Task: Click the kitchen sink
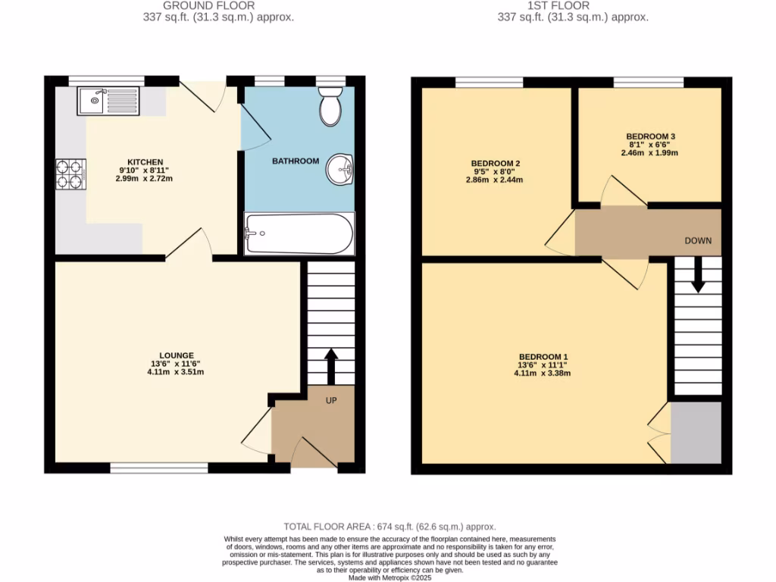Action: pyautogui.click(x=108, y=101)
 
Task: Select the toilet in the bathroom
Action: pyautogui.click(x=330, y=107)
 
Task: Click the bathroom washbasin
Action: pyautogui.click(x=340, y=170)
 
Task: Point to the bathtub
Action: pyautogui.click(x=299, y=233)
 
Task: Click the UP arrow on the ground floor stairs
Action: pyautogui.click(x=330, y=366)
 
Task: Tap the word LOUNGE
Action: pyautogui.click(x=177, y=355)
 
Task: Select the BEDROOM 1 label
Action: pyautogui.click(x=543, y=357)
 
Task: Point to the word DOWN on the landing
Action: pyautogui.click(x=698, y=241)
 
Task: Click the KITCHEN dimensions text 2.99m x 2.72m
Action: pyautogui.click(x=144, y=179)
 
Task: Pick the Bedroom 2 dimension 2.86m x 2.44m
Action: pyautogui.click(x=495, y=180)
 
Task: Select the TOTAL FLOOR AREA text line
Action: pyautogui.click(x=389, y=527)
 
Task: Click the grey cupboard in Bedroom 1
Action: pyautogui.click(x=696, y=433)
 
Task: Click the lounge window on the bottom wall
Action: pyautogui.click(x=159, y=469)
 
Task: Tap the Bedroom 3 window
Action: pyautogui.click(x=649, y=82)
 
